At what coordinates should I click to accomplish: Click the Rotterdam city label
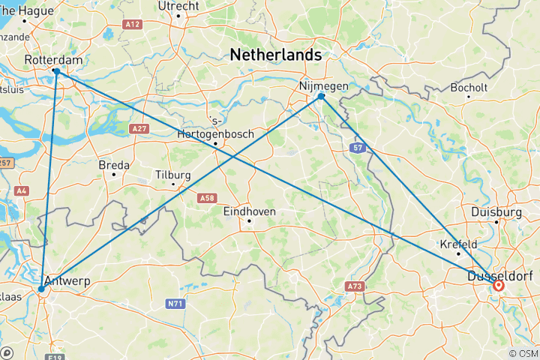coord(52,59)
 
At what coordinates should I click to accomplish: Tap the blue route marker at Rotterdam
coord(56,71)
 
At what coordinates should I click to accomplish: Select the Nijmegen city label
coord(324,85)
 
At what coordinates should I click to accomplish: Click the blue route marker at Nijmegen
coord(321,96)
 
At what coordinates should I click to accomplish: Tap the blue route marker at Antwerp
coord(41,289)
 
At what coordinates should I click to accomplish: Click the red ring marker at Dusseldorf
coord(498,285)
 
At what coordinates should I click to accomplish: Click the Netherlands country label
coord(275,55)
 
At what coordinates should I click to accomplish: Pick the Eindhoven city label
coord(250,211)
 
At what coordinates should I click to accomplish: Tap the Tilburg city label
coord(172,175)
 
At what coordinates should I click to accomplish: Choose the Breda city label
coord(114,165)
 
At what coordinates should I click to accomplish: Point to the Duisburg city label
coord(496,212)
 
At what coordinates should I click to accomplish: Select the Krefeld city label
coord(458,244)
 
